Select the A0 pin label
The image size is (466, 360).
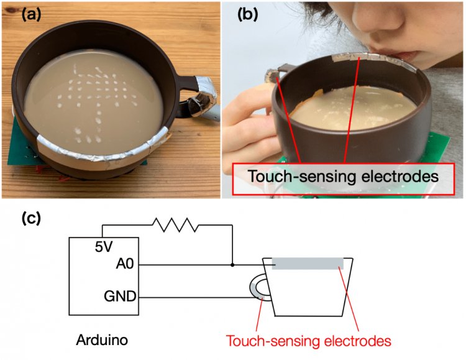pyautogui.click(x=124, y=265)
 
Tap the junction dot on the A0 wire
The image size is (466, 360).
pyautogui.click(x=232, y=264)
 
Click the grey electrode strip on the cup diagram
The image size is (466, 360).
pyautogui.click(x=307, y=264)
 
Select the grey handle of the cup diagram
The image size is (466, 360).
pyautogui.click(x=258, y=288)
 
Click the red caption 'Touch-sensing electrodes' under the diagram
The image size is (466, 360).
pyautogui.click(x=308, y=341)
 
